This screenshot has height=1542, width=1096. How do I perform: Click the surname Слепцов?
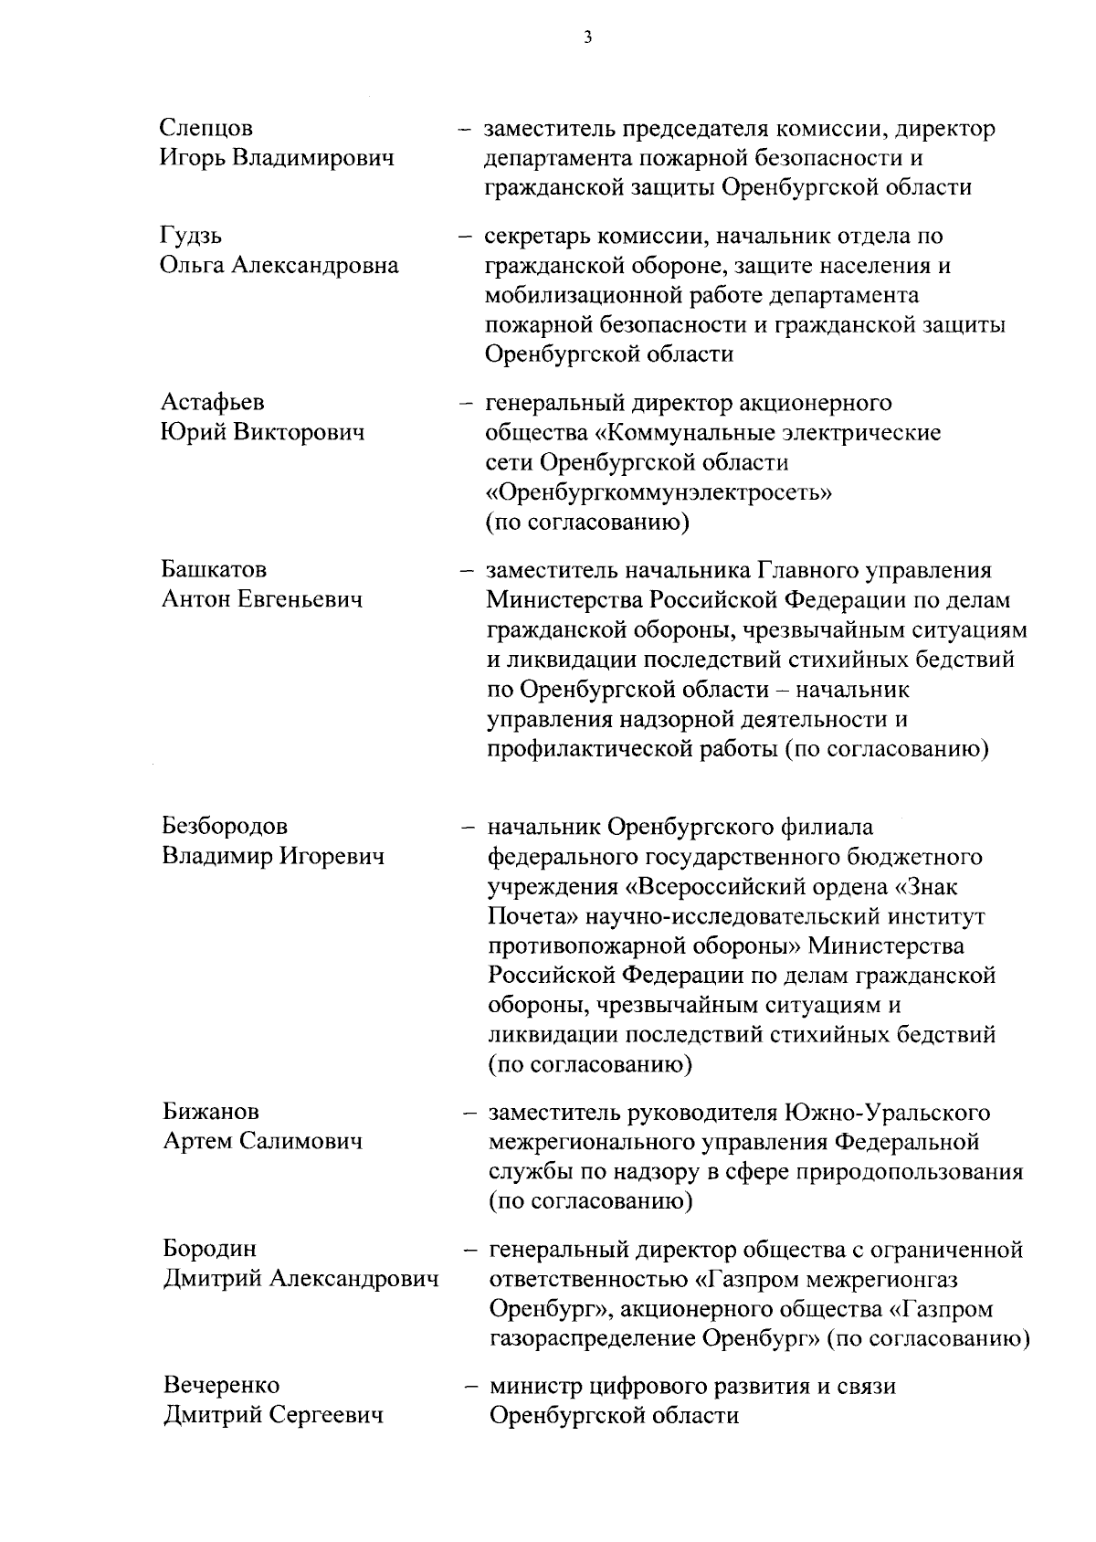click(206, 128)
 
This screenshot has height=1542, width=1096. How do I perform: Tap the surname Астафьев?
click(214, 403)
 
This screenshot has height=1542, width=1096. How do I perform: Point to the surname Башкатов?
click(214, 570)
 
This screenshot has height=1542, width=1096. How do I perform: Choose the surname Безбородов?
click(225, 827)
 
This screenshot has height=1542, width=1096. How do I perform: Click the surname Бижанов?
click(211, 1112)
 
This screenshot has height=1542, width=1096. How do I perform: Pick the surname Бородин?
click(210, 1249)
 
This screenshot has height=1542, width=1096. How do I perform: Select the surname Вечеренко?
click(222, 1386)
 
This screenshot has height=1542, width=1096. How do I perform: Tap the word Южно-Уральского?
click(887, 1112)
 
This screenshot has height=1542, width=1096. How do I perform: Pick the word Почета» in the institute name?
click(531, 916)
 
